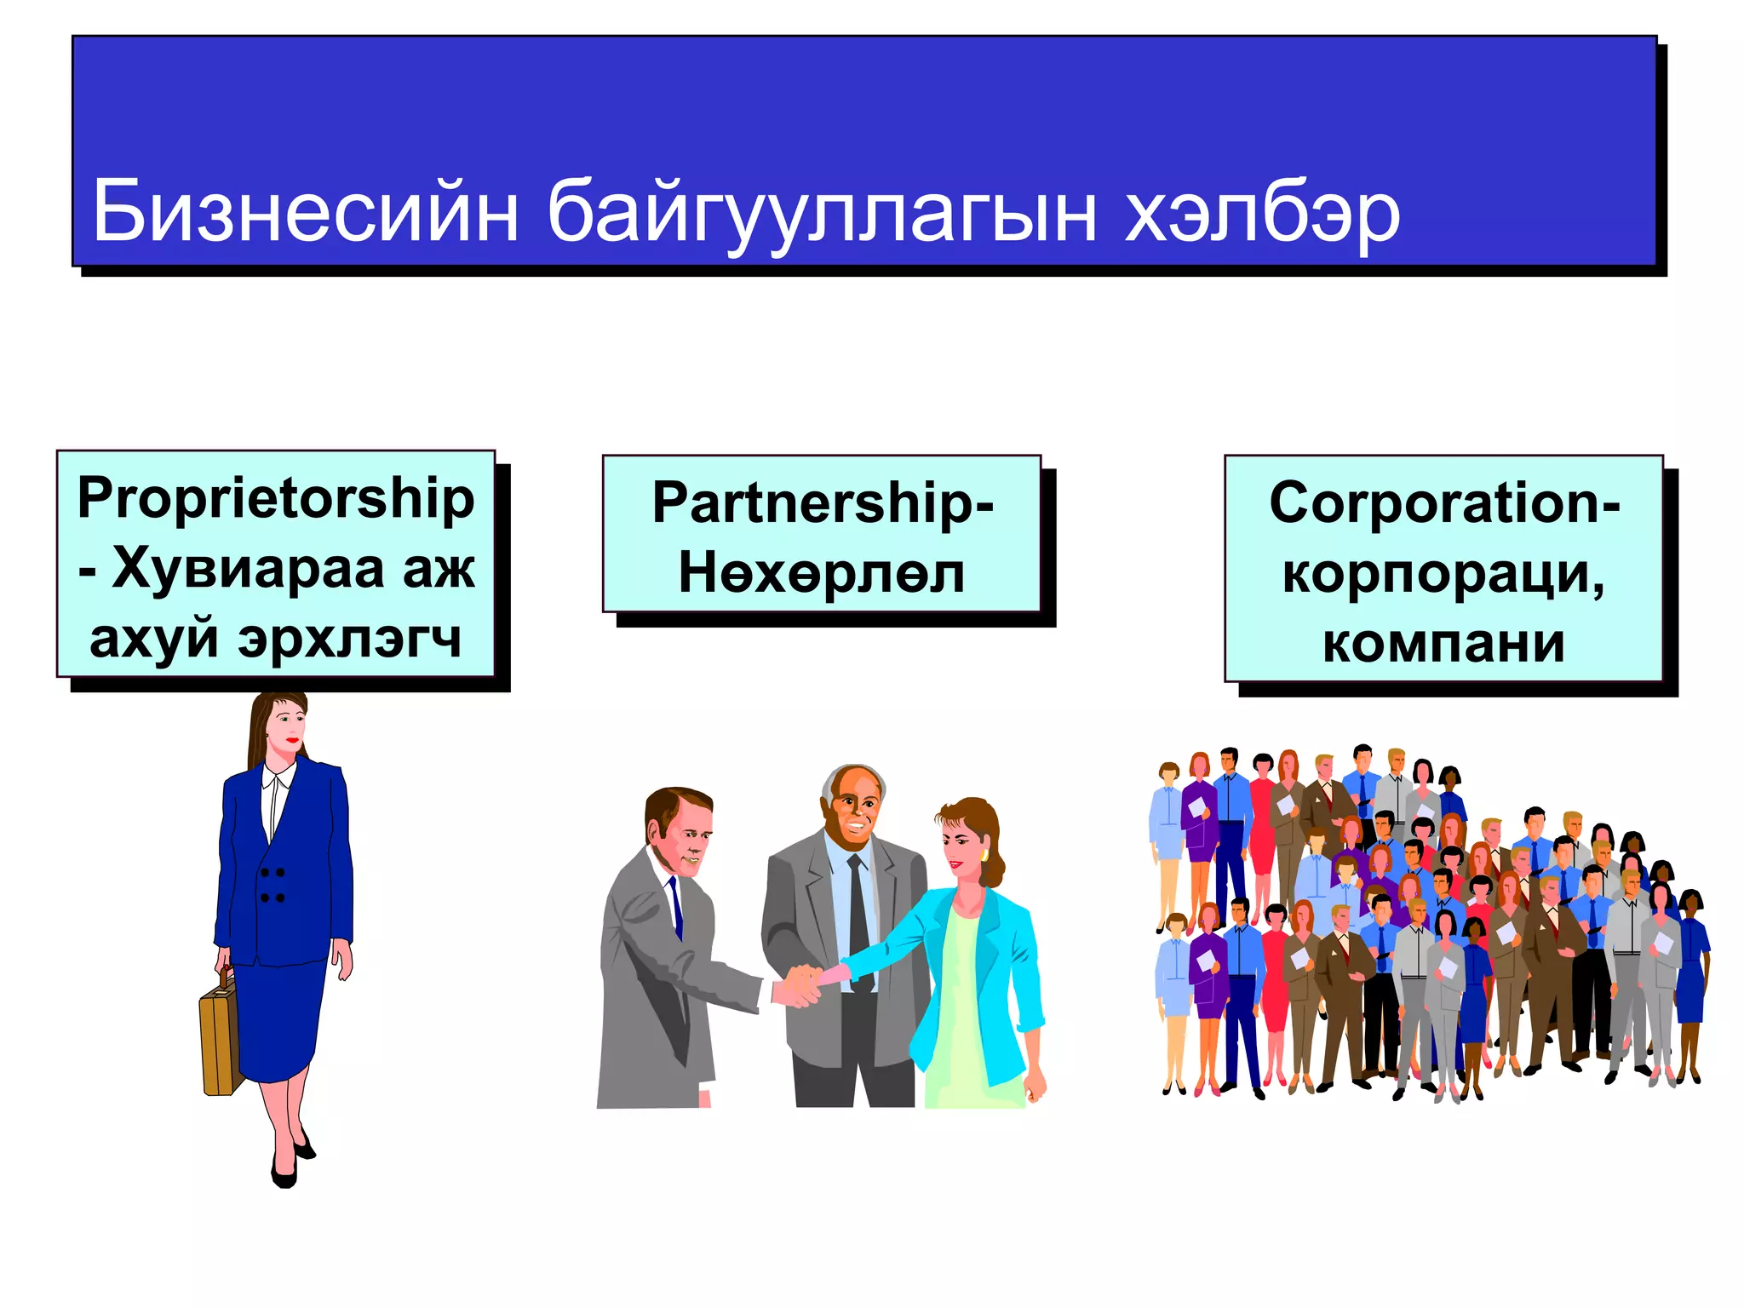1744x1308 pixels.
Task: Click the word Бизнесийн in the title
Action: (305, 211)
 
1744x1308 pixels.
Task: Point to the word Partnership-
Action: (823, 502)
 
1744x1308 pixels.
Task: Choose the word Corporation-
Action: (1444, 502)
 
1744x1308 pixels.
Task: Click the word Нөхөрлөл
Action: (822, 572)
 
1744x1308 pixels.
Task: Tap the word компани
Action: (1444, 643)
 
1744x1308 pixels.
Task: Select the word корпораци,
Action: (1444, 573)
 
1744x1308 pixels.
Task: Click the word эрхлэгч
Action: (349, 639)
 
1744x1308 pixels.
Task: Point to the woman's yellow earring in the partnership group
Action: (984, 853)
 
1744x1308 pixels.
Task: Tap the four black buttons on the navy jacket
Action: (272, 885)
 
